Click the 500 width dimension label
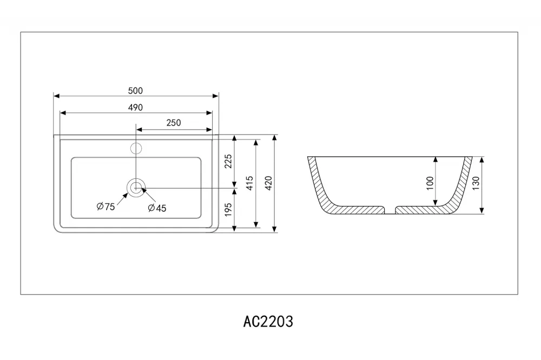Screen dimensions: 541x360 coord(135,91)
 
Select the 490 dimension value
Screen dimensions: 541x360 coord(135,108)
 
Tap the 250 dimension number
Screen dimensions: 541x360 coord(174,123)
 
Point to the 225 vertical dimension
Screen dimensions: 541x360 coord(228,162)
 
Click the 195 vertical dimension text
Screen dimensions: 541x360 coord(228,210)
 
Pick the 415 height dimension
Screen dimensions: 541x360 coord(250,183)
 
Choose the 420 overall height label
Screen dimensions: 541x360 coord(269,183)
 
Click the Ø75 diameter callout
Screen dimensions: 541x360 coord(105,206)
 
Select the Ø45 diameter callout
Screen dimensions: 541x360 coord(157,208)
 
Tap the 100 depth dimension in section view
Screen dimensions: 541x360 coord(430,183)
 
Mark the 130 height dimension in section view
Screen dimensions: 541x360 coord(476,183)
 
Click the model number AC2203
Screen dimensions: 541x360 coord(268,322)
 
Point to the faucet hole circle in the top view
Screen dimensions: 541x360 coord(136,148)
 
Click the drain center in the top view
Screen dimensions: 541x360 coord(136,188)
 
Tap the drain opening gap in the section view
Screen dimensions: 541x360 coord(390,210)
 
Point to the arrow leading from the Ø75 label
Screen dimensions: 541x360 coord(122,199)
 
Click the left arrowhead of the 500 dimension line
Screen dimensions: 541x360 coord(57,96)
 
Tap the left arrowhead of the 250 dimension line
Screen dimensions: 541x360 coord(139,130)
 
